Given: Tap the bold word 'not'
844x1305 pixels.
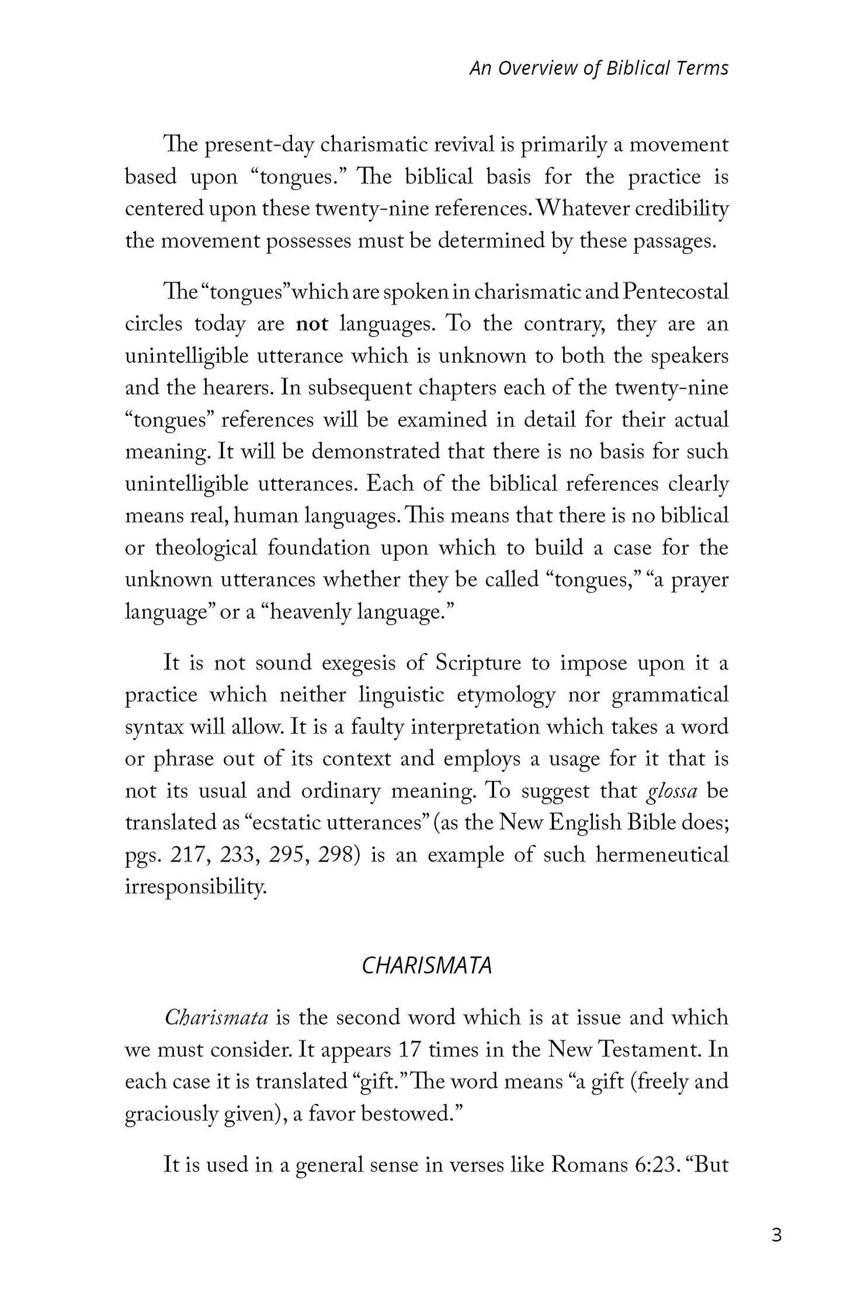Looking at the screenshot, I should [x=312, y=324].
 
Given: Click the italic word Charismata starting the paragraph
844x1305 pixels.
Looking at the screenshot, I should [x=216, y=1017].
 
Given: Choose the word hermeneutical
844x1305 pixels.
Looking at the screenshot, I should [x=662, y=854].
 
